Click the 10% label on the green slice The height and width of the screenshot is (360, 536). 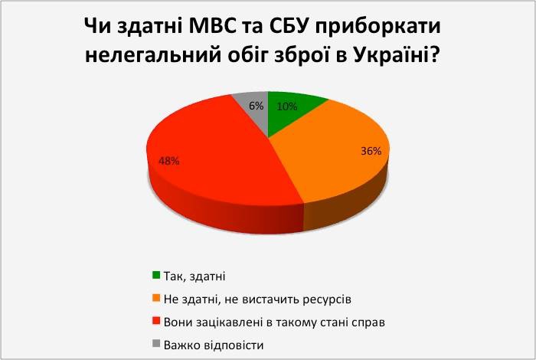(287, 106)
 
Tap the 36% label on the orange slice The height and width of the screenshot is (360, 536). (371, 151)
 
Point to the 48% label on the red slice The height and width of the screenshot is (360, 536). (169, 161)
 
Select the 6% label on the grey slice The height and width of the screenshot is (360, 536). (256, 106)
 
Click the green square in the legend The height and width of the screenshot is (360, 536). (156, 275)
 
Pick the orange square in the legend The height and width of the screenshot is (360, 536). (156, 298)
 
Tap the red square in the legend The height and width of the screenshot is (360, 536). (156, 321)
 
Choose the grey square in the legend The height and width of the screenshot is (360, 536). (156, 344)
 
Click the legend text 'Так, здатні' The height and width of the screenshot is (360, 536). (194, 277)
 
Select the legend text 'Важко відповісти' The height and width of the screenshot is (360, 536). (214, 345)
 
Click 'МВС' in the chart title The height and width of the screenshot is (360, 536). (212, 27)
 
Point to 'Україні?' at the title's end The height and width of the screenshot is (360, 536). (396, 54)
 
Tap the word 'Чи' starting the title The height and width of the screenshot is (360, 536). (97, 27)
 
